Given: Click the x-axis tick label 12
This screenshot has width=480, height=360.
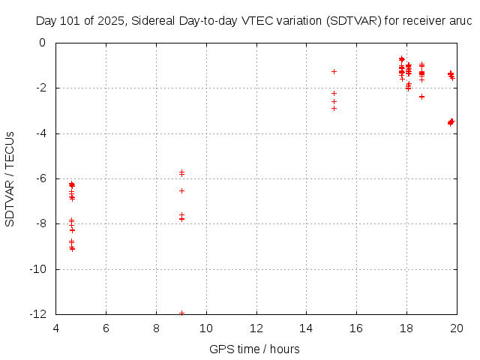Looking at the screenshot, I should tap(256, 328).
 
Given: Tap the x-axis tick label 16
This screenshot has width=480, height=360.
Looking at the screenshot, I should tap(356, 328).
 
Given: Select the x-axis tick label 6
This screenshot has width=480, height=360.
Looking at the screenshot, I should tap(106, 328).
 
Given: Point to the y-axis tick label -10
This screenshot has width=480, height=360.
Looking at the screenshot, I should tap(36, 268).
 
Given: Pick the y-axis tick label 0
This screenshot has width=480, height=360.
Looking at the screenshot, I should tap(42, 43).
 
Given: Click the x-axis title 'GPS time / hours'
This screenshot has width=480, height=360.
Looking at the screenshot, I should tap(254, 349).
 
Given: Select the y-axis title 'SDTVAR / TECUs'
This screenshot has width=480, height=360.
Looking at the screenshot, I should tap(10, 178).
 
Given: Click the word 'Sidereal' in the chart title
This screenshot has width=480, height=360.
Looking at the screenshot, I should tap(153, 21).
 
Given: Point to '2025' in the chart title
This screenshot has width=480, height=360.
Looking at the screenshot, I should tap(109, 21).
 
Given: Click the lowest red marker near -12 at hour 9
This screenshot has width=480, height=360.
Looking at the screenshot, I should tap(181, 313).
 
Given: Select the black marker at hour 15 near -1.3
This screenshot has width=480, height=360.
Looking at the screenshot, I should tap(334, 71).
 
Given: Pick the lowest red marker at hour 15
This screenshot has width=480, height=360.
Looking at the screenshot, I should tap(334, 108).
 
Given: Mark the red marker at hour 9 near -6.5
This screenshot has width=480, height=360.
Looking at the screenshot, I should tap(181, 190).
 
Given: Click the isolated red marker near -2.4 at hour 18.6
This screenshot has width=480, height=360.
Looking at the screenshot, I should tap(421, 97).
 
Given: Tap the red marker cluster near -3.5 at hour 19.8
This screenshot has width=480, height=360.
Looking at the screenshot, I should tap(451, 121).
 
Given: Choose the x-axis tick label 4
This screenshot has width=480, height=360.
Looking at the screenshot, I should tap(56, 328).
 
